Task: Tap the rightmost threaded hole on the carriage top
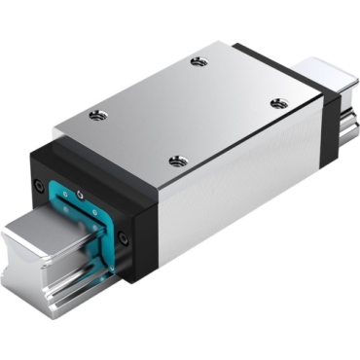[278, 103]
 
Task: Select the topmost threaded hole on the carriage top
[199, 62]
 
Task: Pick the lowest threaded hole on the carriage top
[176, 161]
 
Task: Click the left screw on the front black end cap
[39, 185]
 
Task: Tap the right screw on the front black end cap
[123, 236]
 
